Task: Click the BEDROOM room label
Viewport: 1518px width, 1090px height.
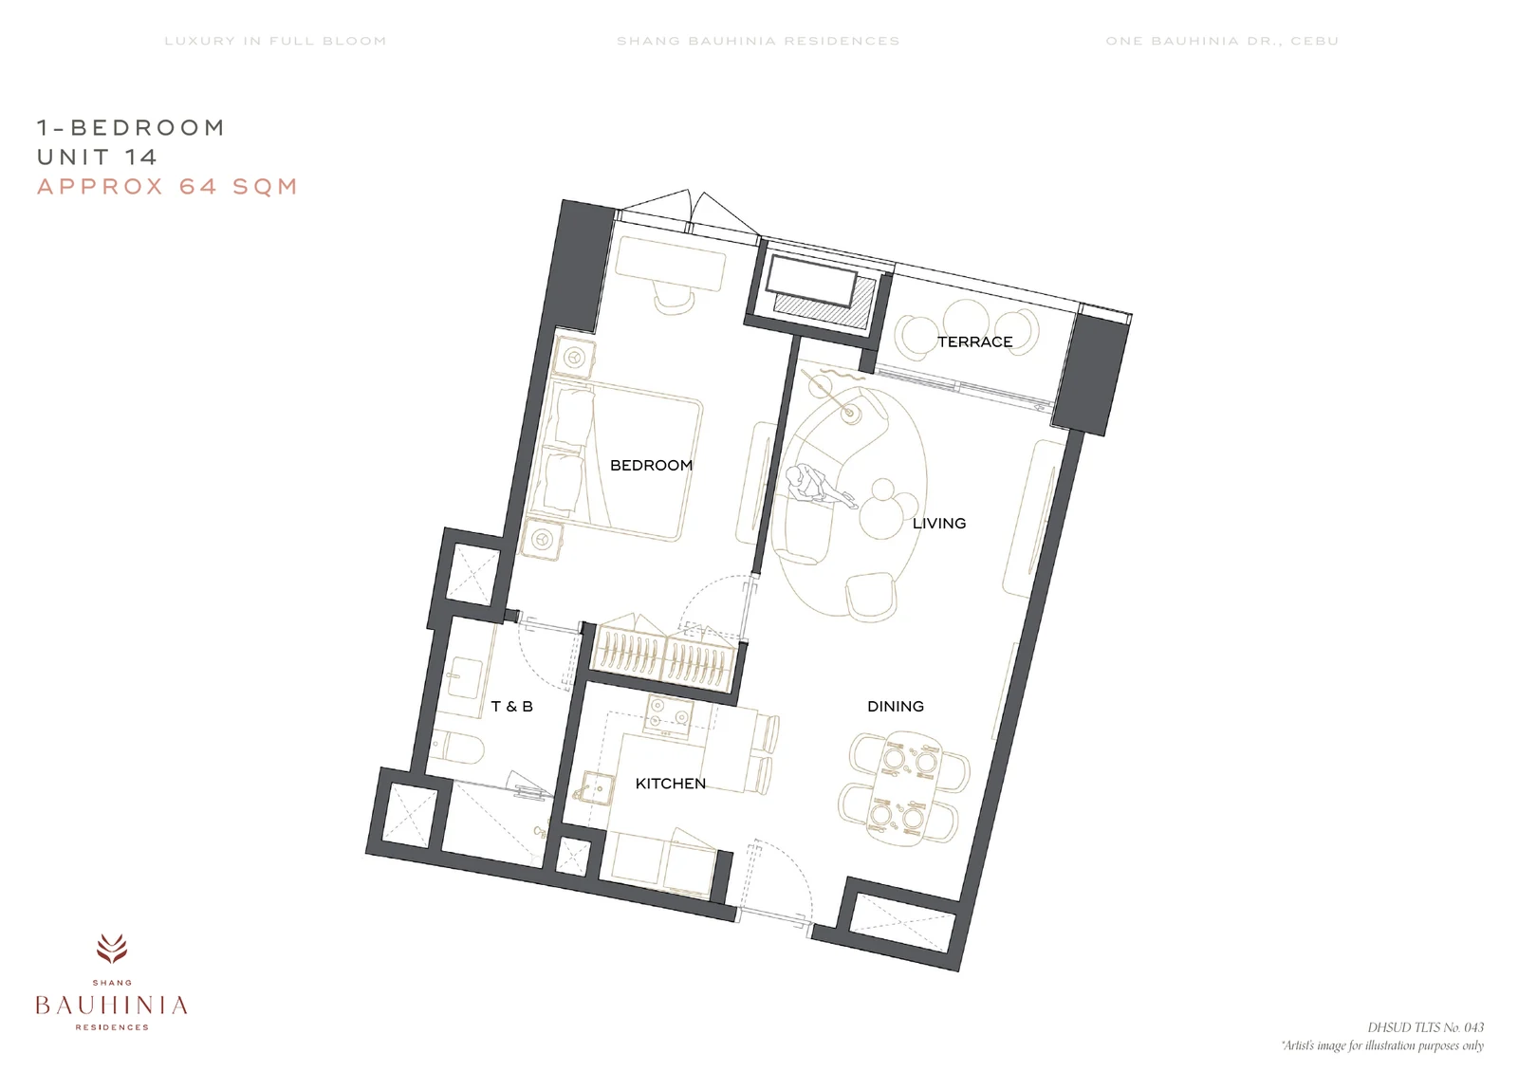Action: (x=651, y=466)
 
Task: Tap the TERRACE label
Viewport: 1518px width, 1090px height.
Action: (x=974, y=342)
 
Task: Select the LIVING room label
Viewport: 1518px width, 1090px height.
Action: (x=938, y=523)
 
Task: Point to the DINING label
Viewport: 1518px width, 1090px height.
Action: (x=896, y=707)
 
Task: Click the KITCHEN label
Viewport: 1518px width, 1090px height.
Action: (x=670, y=784)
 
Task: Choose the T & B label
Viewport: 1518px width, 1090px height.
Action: (x=511, y=707)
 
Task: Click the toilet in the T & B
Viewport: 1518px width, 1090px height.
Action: (x=456, y=748)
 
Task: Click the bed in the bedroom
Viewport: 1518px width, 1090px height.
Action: (x=616, y=461)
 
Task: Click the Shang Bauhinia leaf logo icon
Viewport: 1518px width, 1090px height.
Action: (x=112, y=949)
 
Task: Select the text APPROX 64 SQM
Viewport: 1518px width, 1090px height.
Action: (x=167, y=186)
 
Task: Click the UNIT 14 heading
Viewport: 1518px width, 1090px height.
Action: (x=97, y=157)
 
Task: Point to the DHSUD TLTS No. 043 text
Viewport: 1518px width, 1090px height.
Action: (x=1425, y=1027)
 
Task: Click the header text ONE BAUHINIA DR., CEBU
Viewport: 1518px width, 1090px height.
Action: (x=1223, y=41)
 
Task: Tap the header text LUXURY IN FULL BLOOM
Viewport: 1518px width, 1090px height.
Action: (x=275, y=41)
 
